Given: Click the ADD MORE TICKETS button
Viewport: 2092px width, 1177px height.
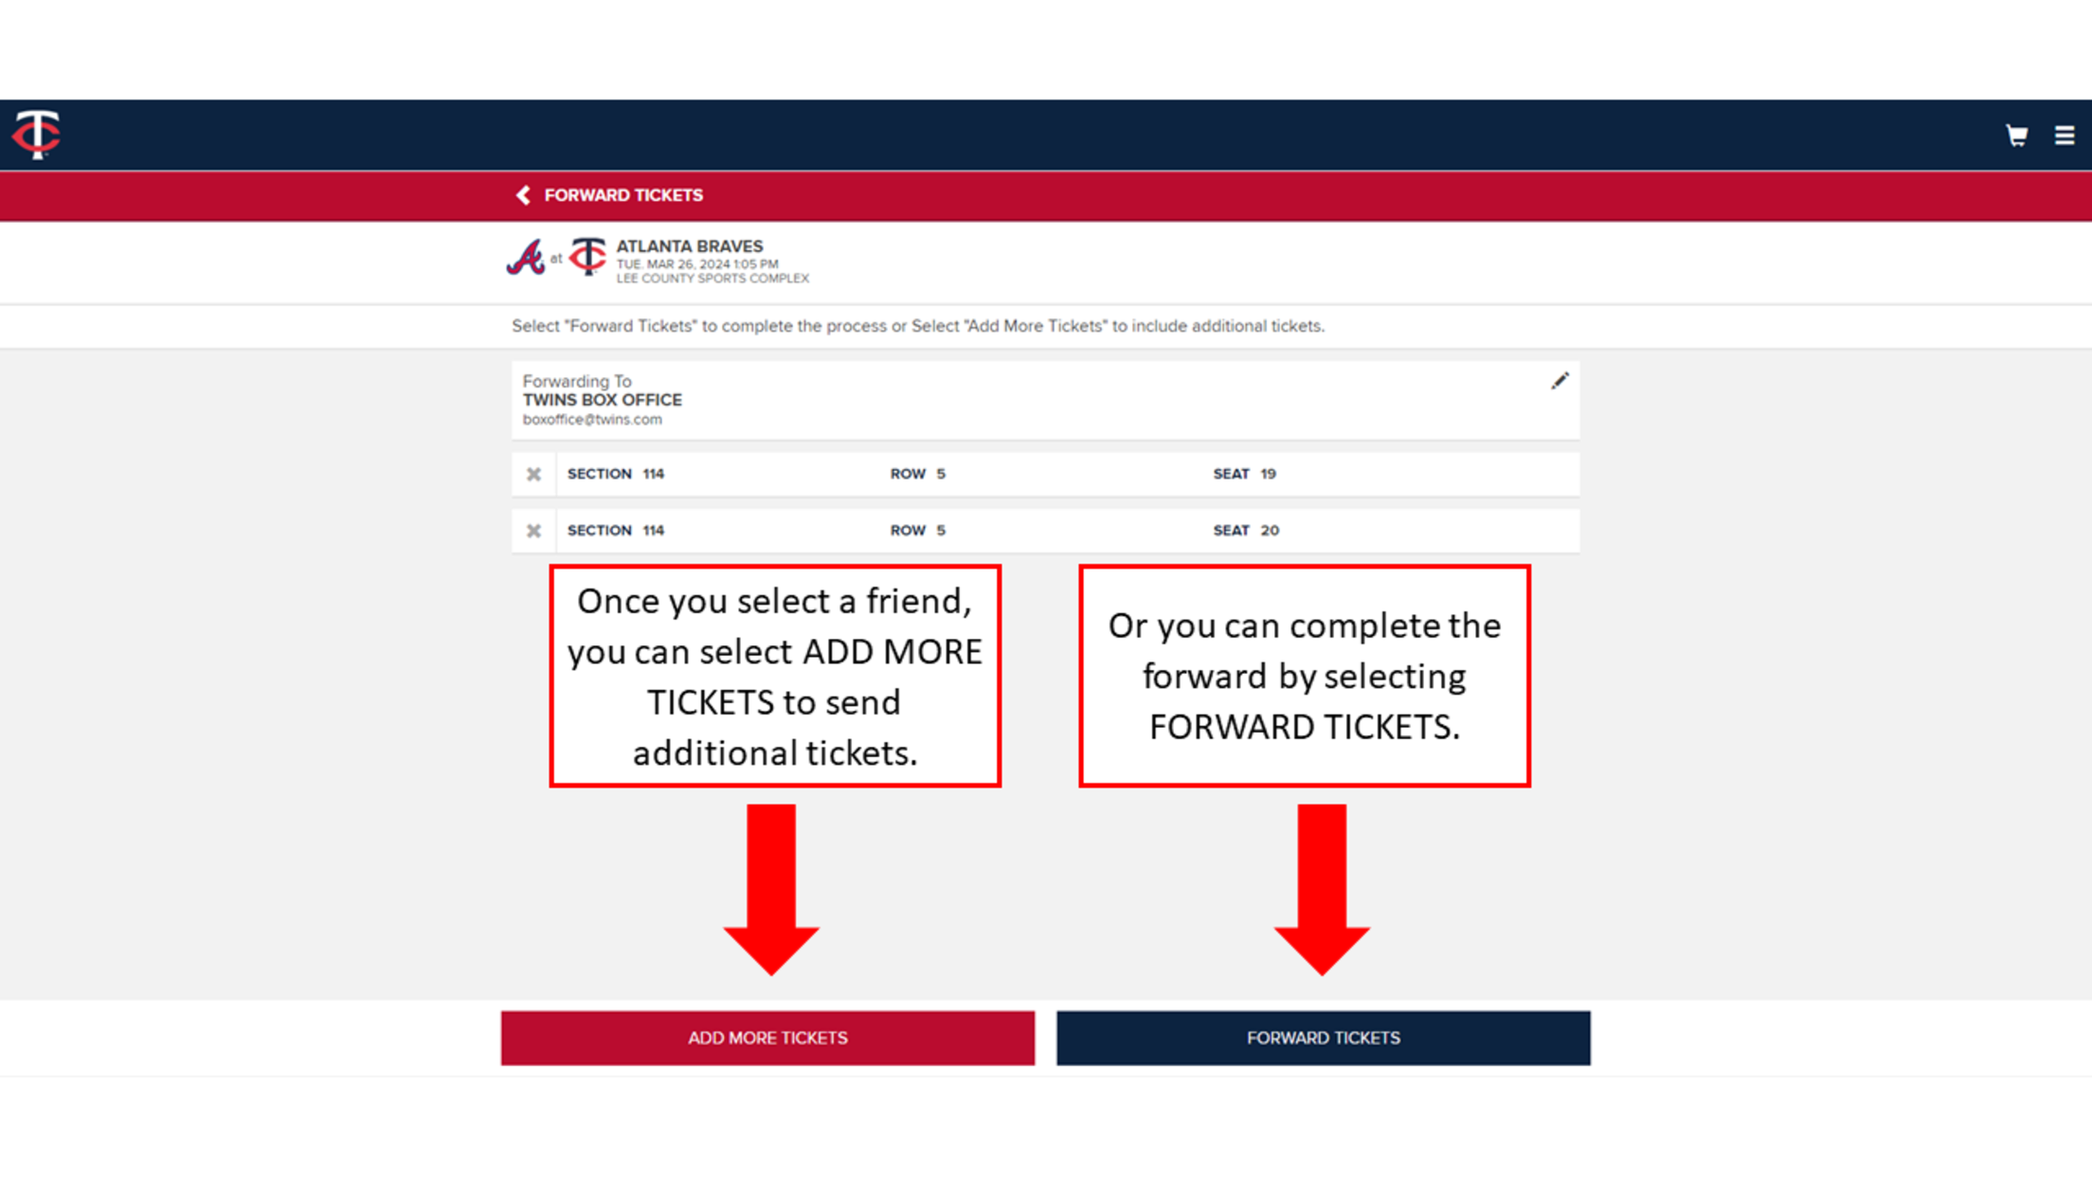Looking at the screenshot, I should [767, 1038].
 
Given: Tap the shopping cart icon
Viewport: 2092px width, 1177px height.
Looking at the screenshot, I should [2016, 136].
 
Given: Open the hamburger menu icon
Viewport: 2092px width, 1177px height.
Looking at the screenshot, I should [2065, 136].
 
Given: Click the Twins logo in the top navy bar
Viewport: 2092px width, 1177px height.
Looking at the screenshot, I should [37, 134].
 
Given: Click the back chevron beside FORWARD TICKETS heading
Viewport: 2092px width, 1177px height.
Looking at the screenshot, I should [523, 195].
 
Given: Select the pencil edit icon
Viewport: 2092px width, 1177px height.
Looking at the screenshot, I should [1560, 381].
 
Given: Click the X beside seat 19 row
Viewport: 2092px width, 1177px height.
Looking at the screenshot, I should [534, 474].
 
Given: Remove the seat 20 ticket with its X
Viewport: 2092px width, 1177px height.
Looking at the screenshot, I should [534, 531].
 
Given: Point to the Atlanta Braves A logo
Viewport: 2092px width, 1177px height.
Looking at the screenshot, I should [526, 258].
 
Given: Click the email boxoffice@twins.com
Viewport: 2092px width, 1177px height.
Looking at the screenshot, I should [592, 420].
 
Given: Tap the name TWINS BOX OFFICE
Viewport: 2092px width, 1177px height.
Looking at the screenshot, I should [603, 400].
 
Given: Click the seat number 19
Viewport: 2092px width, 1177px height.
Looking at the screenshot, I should [1268, 474].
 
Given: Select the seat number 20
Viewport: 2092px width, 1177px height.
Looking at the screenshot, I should [1270, 531].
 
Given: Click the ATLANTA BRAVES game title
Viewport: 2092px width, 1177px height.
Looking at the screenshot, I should [689, 246].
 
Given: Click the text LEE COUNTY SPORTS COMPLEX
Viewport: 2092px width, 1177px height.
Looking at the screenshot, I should [712, 279].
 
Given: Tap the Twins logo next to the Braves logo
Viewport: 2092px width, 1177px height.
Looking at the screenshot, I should [587, 257].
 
